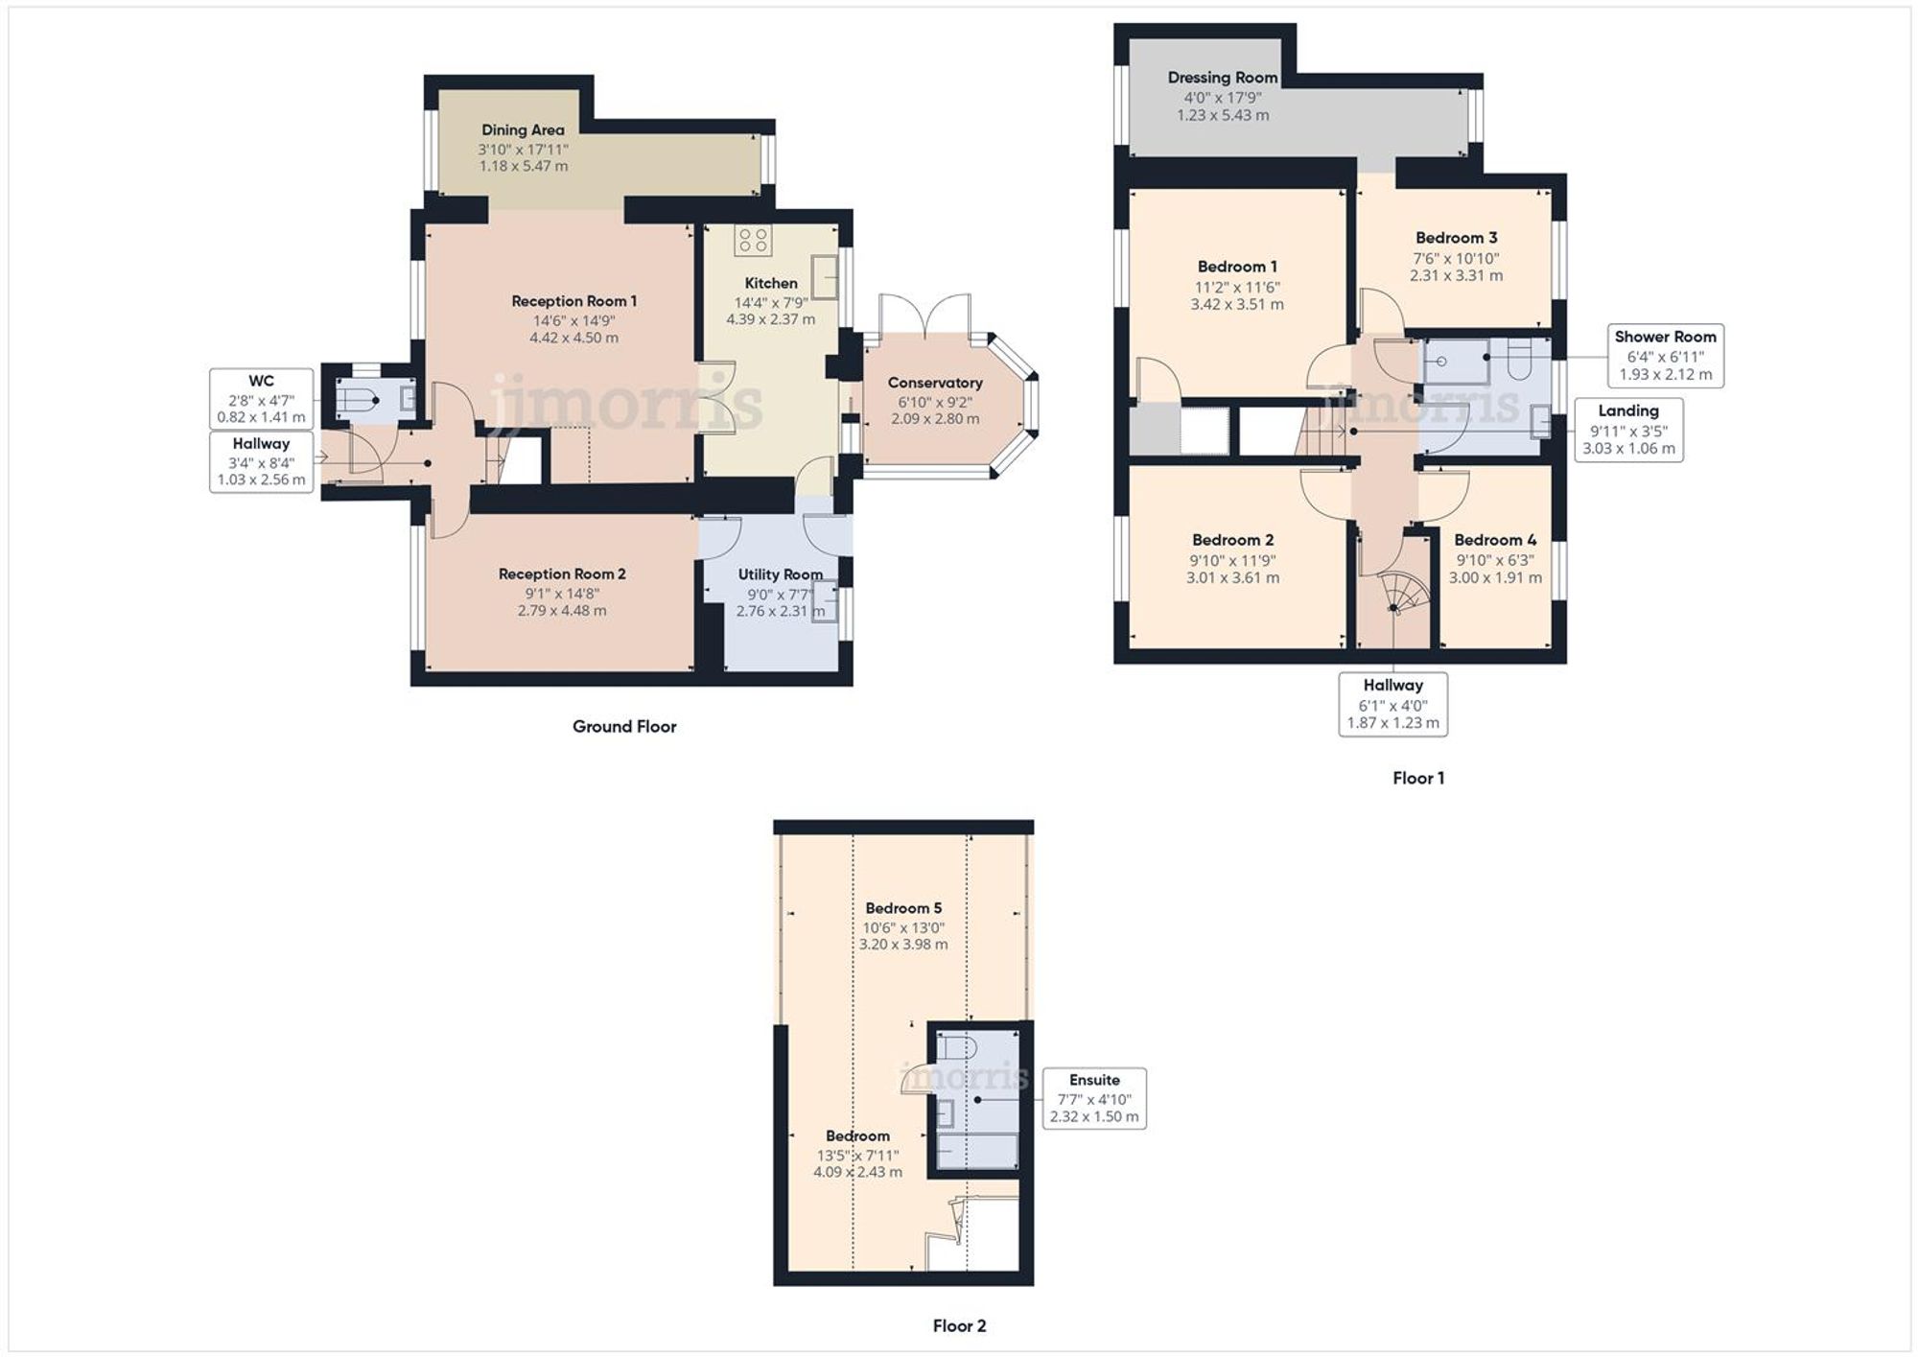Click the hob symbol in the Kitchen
click(x=754, y=240)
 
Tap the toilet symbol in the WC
click(x=356, y=400)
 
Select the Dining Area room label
click(x=523, y=129)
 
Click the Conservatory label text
click(x=935, y=383)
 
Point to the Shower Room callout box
click(x=1665, y=356)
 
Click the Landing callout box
click(x=1628, y=430)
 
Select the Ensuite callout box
click(x=1094, y=1098)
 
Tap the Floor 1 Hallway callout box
click(x=1392, y=704)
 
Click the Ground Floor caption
click(x=624, y=727)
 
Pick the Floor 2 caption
click(x=959, y=1325)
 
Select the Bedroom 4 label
click(x=1495, y=540)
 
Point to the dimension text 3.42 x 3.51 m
click(x=1237, y=304)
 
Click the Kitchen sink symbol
click(x=825, y=276)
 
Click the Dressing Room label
click(x=1223, y=78)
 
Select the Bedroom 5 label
click(x=903, y=907)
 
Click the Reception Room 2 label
click(x=562, y=573)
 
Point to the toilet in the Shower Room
click(x=1521, y=359)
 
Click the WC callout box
click(x=261, y=399)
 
